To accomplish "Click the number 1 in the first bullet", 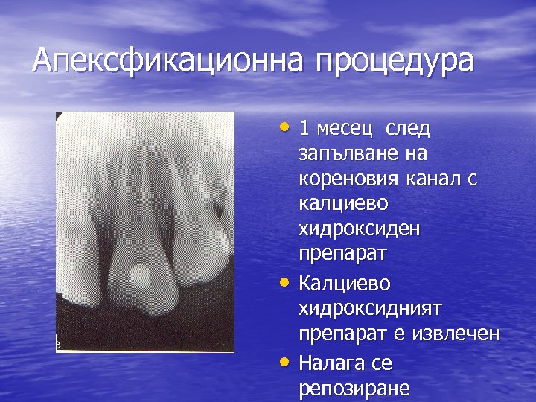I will tap(304, 128).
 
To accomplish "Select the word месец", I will tap(345, 129).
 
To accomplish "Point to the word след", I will tap(407, 128).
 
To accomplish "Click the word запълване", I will tap(341, 154).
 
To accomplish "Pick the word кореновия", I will tap(348, 179).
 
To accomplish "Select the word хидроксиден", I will tap(358, 229).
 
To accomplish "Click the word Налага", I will tap(333, 363).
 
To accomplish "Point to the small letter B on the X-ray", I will tap(60, 345).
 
